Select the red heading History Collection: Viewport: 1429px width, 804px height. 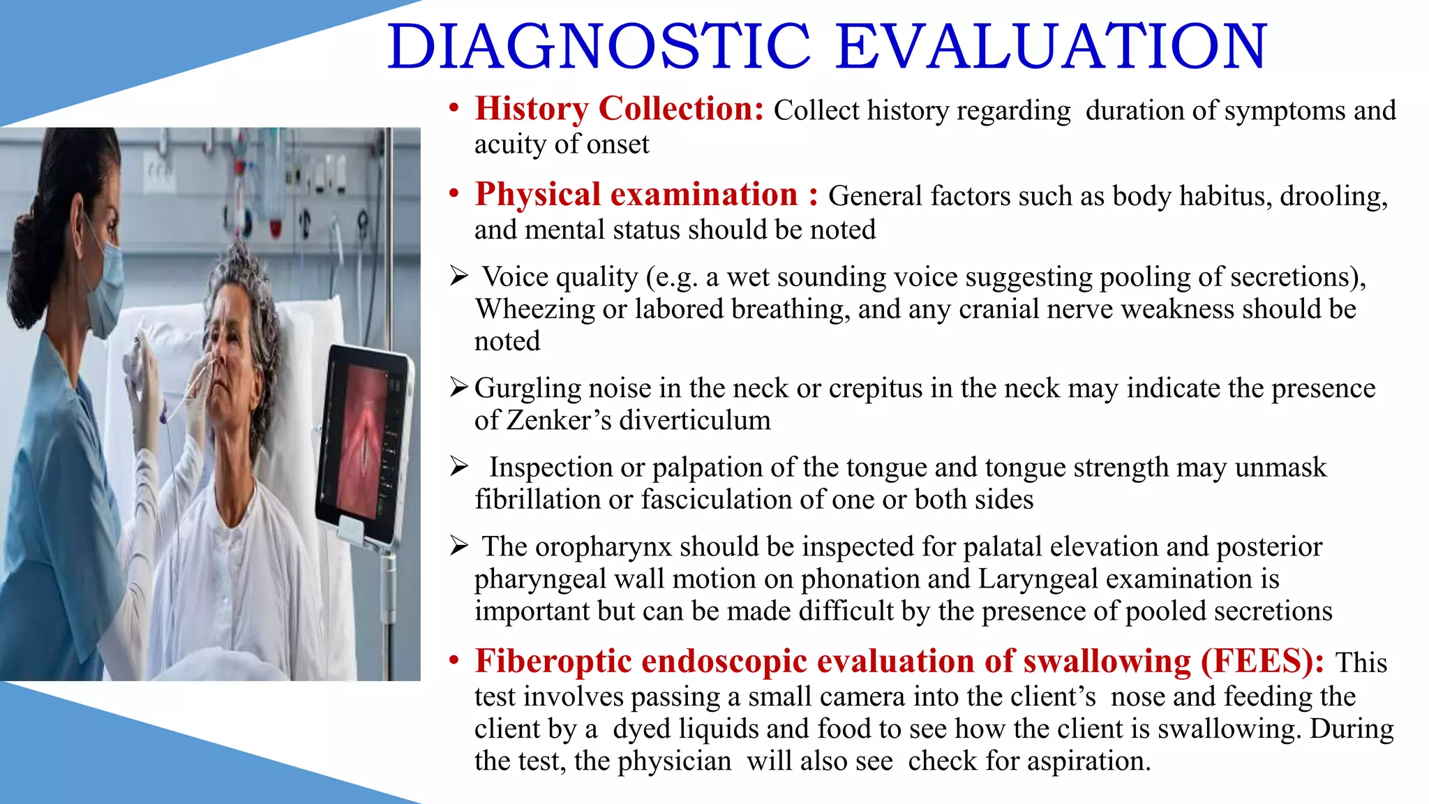point(619,109)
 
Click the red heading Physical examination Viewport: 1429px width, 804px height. point(636,195)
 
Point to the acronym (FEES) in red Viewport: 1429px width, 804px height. point(1262,661)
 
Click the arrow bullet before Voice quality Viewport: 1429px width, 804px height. point(458,276)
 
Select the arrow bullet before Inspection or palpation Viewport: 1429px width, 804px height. point(458,466)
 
